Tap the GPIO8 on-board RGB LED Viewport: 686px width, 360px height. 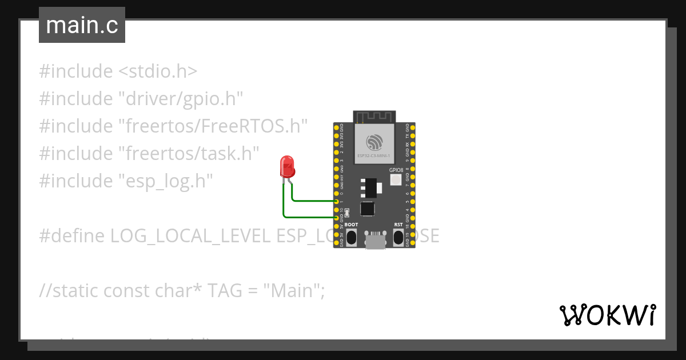tap(396, 180)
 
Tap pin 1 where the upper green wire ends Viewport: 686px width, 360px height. tap(336, 201)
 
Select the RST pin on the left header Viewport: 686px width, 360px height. tap(336, 177)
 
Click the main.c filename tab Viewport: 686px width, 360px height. tap(82, 25)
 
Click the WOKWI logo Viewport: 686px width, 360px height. tap(607, 315)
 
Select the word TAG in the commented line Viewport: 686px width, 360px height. tap(224, 291)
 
